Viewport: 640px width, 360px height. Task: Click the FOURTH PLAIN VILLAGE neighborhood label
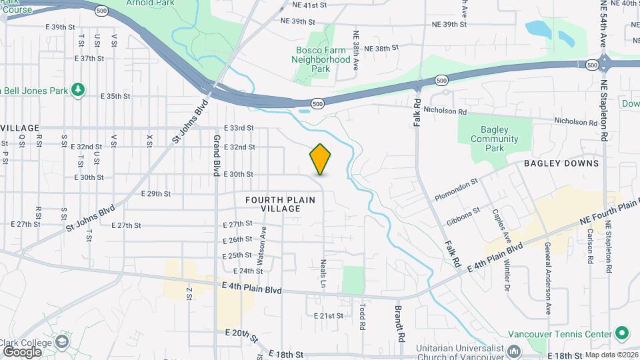click(x=273, y=204)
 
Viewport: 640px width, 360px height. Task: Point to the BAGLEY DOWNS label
click(x=561, y=163)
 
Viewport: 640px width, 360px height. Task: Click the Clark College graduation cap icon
click(x=62, y=342)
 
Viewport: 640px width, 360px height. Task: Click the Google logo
click(x=22, y=351)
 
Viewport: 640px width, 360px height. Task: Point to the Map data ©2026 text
click(x=611, y=355)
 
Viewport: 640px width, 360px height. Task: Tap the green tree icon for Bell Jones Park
click(x=78, y=89)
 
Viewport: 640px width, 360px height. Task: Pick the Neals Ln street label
click(x=323, y=273)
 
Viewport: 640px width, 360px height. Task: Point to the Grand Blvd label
click(x=217, y=155)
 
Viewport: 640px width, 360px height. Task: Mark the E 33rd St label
click(x=239, y=127)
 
